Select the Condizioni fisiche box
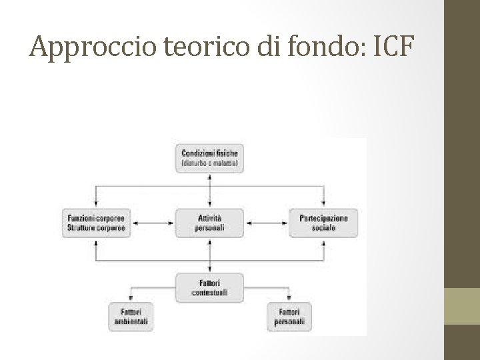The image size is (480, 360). click(x=210, y=158)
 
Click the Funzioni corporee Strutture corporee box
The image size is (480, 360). click(x=97, y=223)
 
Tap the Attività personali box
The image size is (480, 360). click(x=210, y=223)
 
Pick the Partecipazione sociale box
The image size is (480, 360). click(x=323, y=223)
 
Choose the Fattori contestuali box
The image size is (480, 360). click(x=210, y=287)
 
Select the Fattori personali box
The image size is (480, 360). click(x=289, y=316)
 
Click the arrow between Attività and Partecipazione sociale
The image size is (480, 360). click(x=267, y=223)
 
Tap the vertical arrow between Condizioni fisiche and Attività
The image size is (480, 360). click(x=210, y=191)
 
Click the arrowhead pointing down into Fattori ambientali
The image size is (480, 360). click(x=131, y=299)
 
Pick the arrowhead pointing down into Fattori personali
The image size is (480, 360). click(x=289, y=299)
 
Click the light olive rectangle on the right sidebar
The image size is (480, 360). click(x=462, y=306)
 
